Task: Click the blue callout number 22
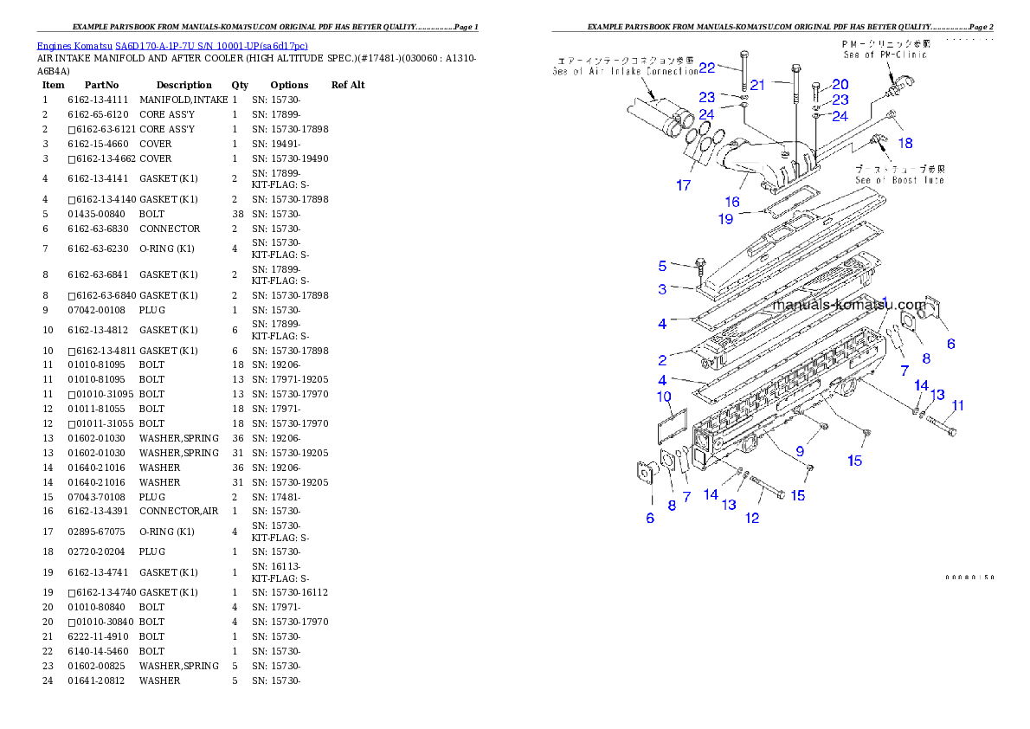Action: [707, 68]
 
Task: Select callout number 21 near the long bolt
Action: [757, 84]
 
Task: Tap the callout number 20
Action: [840, 84]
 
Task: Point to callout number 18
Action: [904, 142]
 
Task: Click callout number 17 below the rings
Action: [684, 184]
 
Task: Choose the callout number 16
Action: [732, 202]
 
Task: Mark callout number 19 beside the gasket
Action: [725, 219]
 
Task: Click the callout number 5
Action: [663, 266]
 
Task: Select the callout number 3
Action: [662, 289]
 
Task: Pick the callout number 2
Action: [662, 359]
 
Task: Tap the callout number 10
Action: [664, 397]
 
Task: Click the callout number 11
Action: [957, 405]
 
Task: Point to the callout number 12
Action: [752, 518]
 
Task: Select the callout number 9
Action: [800, 451]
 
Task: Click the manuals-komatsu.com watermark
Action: [849, 305]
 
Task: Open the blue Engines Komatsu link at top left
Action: [172, 45]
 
